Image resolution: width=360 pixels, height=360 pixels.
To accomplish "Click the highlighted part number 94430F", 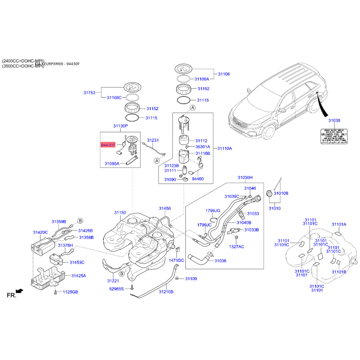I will (x=108, y=145).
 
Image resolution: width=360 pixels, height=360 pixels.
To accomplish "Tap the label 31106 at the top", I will (x=224, y=74).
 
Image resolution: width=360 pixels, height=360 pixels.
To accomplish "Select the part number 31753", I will (x=89, y=93).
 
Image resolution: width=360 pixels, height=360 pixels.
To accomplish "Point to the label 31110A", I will (x=225, y=148).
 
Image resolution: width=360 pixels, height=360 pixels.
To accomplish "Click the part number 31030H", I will (x=245, y=178).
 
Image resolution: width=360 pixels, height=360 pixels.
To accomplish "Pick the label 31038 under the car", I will (x=334, y=121).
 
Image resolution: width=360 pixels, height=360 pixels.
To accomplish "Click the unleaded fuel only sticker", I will (x=334, y=135).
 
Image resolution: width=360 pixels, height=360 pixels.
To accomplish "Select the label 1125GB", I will (x=70, y=292).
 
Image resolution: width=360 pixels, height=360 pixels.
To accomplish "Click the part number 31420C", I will (x=40, y=232).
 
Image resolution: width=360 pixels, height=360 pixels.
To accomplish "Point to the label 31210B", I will (x=166, y=292).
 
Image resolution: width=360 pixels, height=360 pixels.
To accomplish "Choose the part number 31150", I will (x=120, y=212).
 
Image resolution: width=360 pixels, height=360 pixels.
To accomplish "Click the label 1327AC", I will (x=237, y=247).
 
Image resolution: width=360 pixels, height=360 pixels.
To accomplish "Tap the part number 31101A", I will (x=339, y=224).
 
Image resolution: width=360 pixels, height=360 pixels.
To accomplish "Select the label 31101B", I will (x=338, y=272).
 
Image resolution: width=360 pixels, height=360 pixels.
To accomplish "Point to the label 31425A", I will (x=78, y=275).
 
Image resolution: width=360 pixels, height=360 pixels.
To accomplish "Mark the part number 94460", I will (x=198, y=179).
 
